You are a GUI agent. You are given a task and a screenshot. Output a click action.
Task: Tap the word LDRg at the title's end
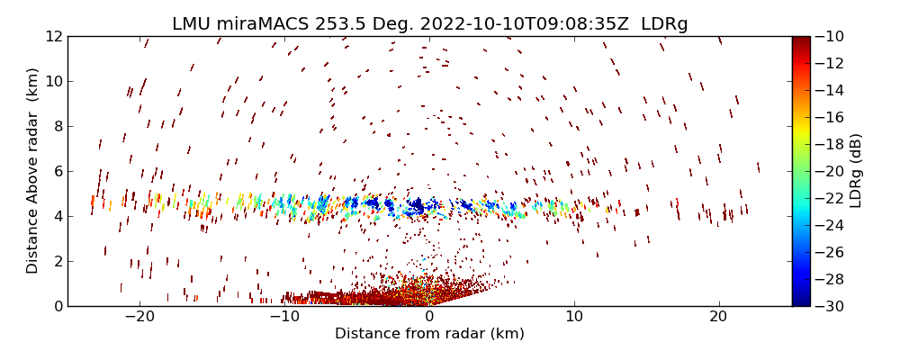tap(664, 24)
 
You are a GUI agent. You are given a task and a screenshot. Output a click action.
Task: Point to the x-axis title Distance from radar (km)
tap(429, 334)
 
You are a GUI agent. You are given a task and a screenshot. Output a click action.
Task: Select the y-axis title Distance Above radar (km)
tap(33, 171)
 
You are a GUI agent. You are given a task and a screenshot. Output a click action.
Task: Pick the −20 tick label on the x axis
tap(139, 317)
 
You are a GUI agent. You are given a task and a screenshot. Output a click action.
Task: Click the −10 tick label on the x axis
tap(284, 317)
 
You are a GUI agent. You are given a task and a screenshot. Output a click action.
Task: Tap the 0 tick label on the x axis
tap(429, 317)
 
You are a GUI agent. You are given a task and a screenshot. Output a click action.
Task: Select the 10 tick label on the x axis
tap(573, 317)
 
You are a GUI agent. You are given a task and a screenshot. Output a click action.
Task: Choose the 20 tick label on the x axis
tap(718, 317)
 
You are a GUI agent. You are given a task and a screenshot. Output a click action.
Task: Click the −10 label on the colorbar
tap(830, 36)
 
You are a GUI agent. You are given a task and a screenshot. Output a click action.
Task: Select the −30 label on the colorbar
tap(830, 306)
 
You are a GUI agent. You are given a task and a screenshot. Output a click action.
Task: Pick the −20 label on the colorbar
tap(830, 171)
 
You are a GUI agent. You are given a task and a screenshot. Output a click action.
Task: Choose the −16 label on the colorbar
tap(830, 117)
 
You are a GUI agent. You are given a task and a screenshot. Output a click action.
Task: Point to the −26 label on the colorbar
tap(830, 252)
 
